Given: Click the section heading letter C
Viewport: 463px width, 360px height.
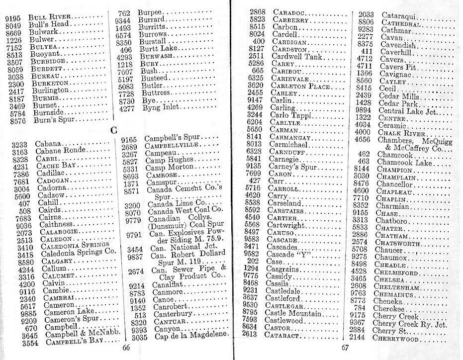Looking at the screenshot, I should (113, 131).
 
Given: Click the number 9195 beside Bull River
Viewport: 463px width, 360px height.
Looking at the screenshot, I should (13, 18).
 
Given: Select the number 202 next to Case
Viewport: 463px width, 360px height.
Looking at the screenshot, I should (259, 261).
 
